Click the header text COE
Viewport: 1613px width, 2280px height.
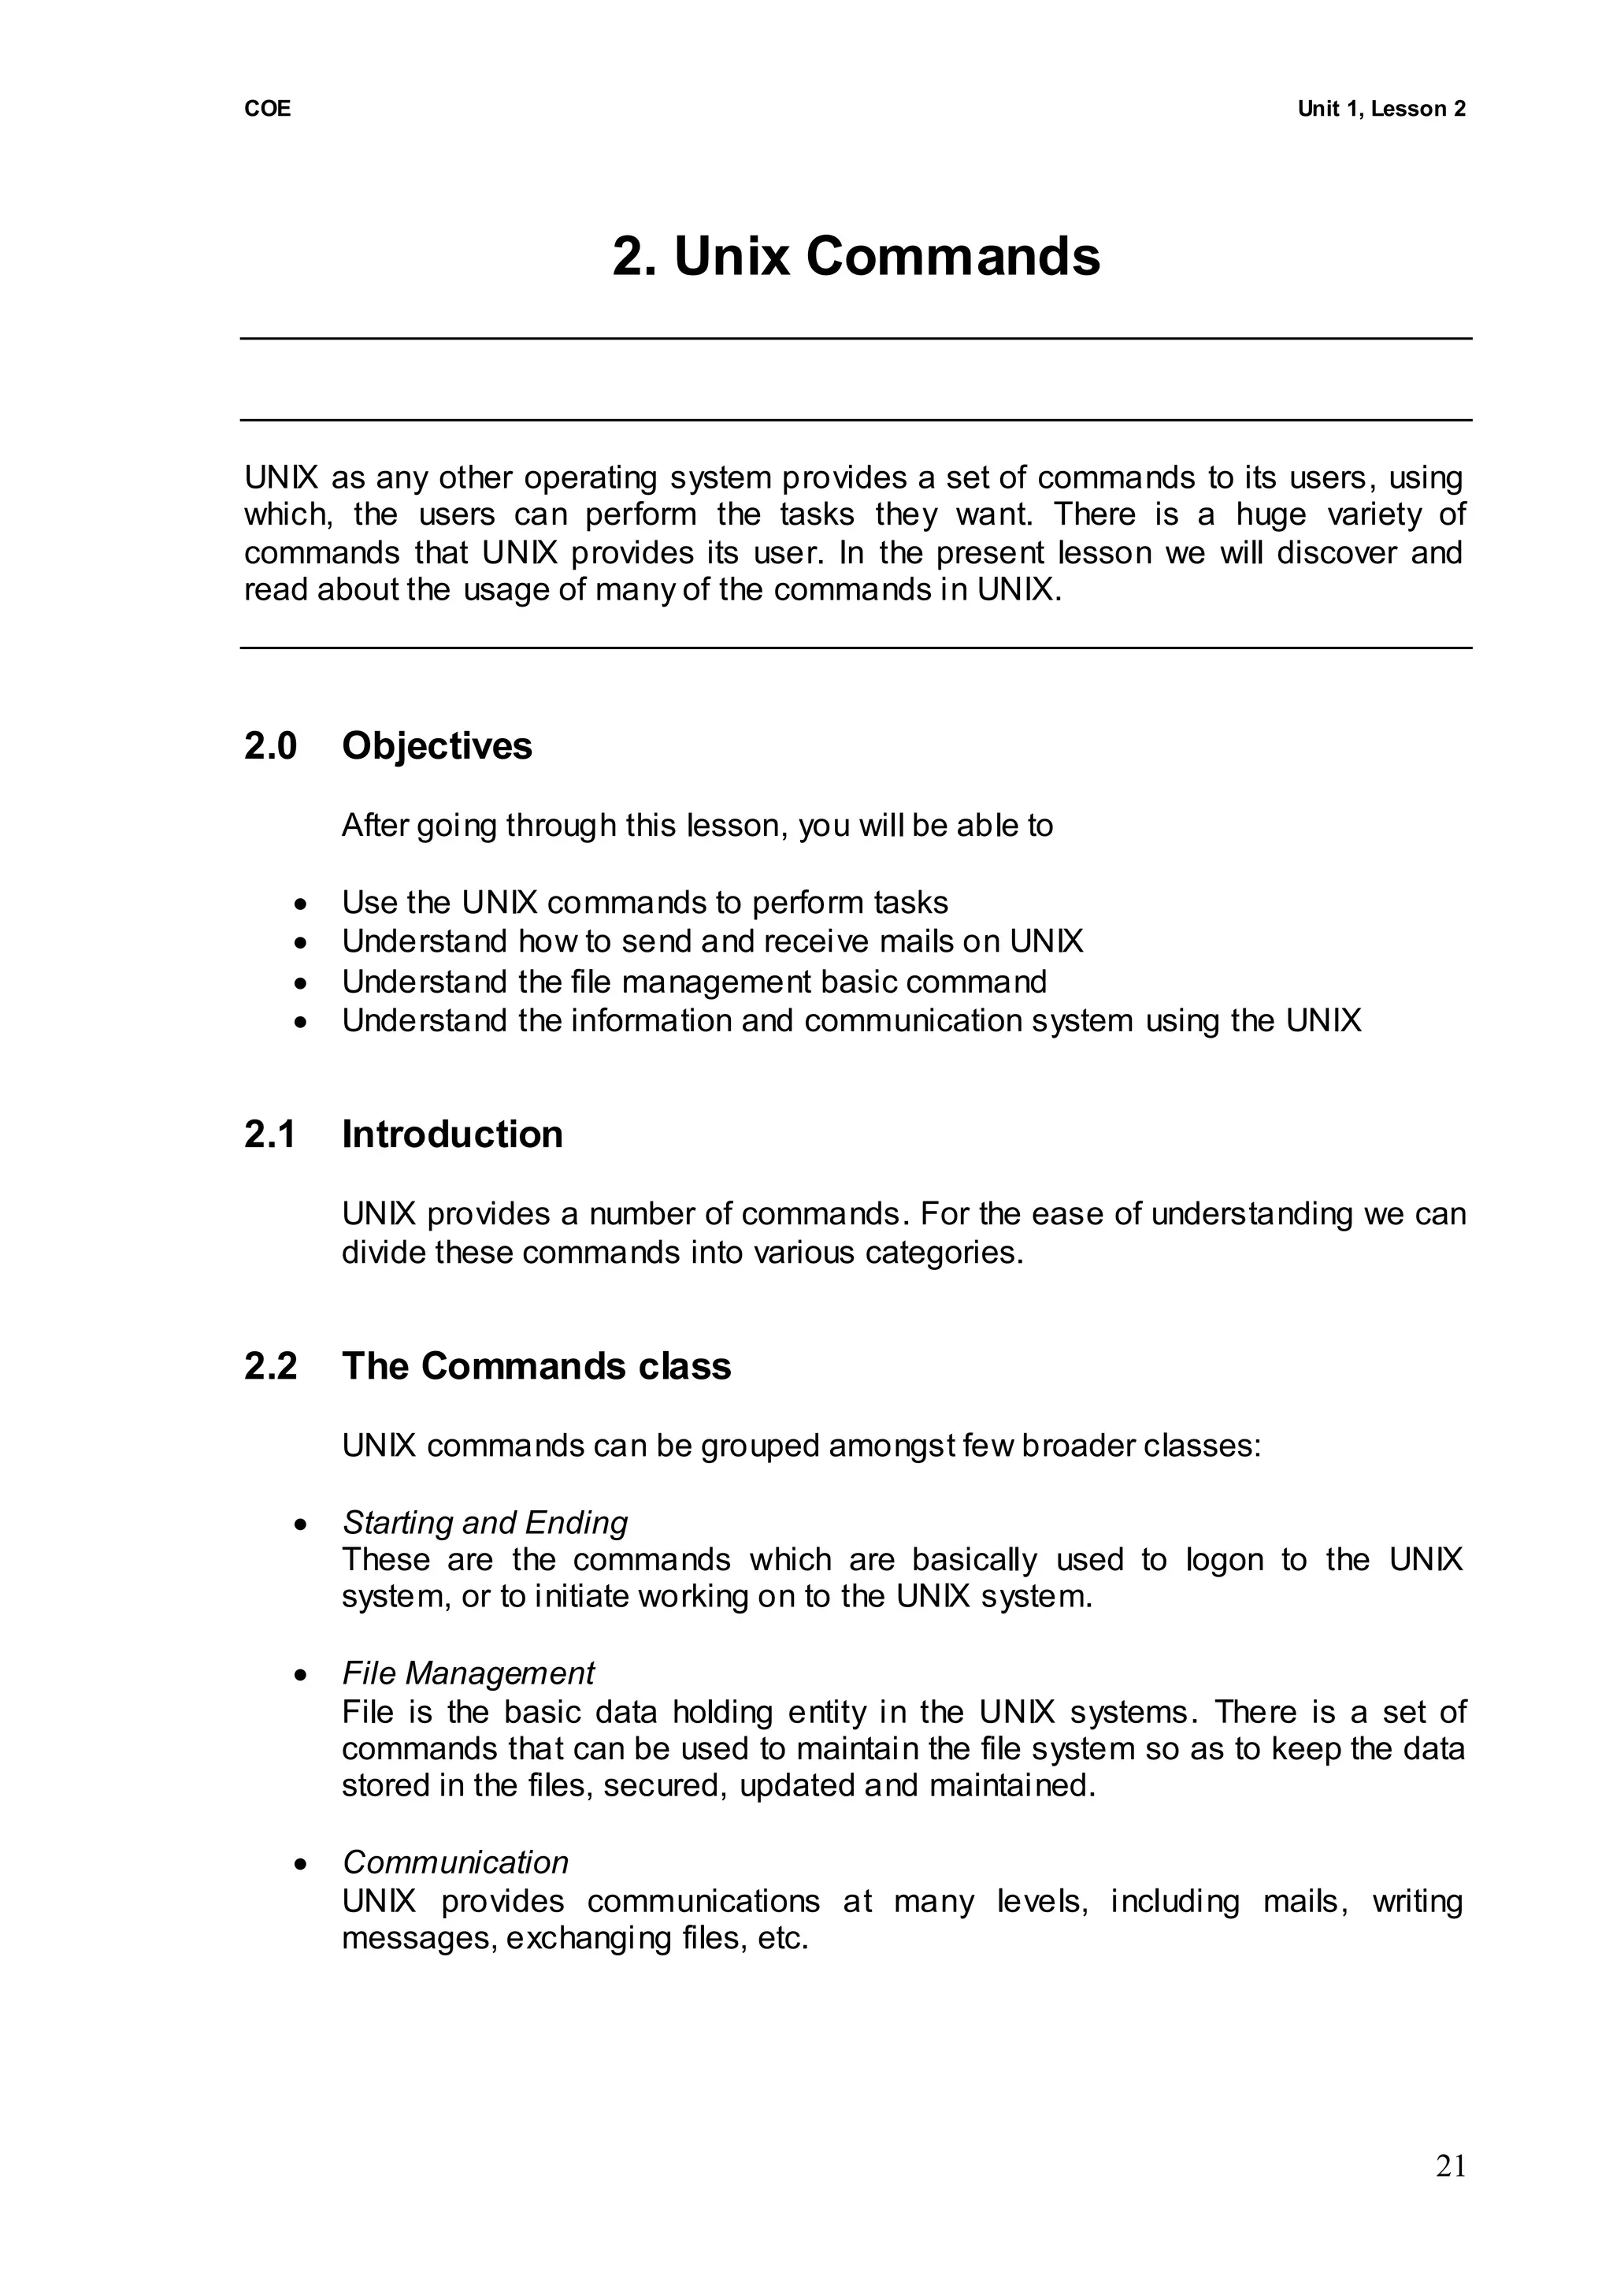coord(267,110)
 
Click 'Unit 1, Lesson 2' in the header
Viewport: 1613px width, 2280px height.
coord(1381,110)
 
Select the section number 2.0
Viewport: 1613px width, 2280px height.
coord(270,746)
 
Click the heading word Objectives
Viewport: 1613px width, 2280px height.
coord(436,746)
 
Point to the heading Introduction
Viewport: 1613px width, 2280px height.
coord(452,1134)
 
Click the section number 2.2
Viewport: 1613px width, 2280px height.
coord(270,1366)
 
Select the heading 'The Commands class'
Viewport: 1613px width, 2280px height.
coord(536,1366)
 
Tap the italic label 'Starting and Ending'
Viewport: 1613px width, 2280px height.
coord(484,1523)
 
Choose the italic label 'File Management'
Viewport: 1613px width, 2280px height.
coord(468,1674)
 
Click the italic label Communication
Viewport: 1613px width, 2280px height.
coord(455,1862)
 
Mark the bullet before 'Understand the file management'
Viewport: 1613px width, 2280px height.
coord(301,983)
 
